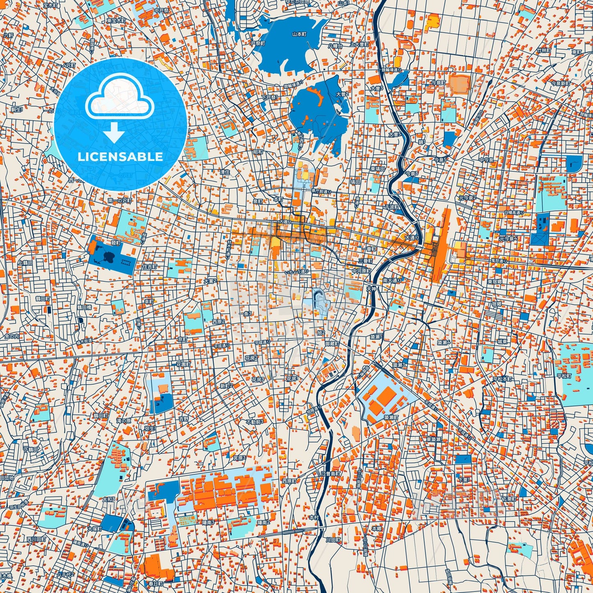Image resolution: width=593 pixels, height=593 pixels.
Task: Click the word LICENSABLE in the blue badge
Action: click(120, 157)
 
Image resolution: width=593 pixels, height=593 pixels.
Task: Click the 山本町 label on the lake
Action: click(299, 34)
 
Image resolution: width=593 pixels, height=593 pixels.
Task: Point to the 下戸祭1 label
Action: click(270, 98)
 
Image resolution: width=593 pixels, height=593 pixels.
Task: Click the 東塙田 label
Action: click(378, 169)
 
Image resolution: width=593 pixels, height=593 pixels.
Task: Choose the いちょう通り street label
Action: click(297, 272)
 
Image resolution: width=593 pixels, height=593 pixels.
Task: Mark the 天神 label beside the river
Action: click(371, 288)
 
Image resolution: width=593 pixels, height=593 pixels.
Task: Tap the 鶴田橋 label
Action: click(84, 307)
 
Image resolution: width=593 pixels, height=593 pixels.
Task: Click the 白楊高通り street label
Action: click(513, 213)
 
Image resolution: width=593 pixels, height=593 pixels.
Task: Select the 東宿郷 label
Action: click(495, 282)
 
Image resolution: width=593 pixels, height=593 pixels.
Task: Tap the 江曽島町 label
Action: click(331, 473)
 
